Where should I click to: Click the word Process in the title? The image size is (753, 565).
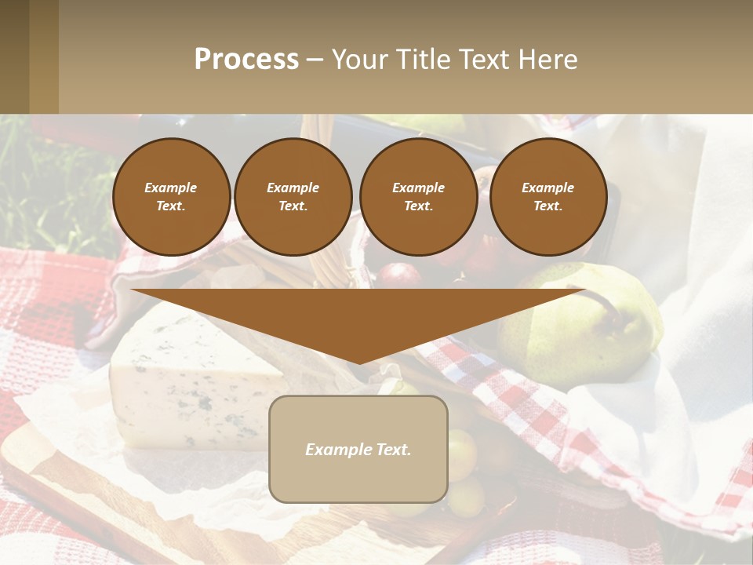[x=246, y=60]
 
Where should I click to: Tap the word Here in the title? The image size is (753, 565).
[x=548, y=60]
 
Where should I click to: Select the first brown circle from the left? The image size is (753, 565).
[x=171, y=196]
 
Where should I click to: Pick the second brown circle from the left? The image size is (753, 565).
[x=293, y=196]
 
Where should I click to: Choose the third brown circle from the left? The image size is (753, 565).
[x=418, y=196]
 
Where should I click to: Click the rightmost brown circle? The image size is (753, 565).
[x=547, y=196]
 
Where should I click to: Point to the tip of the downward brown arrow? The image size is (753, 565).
[x=358, y=363]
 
